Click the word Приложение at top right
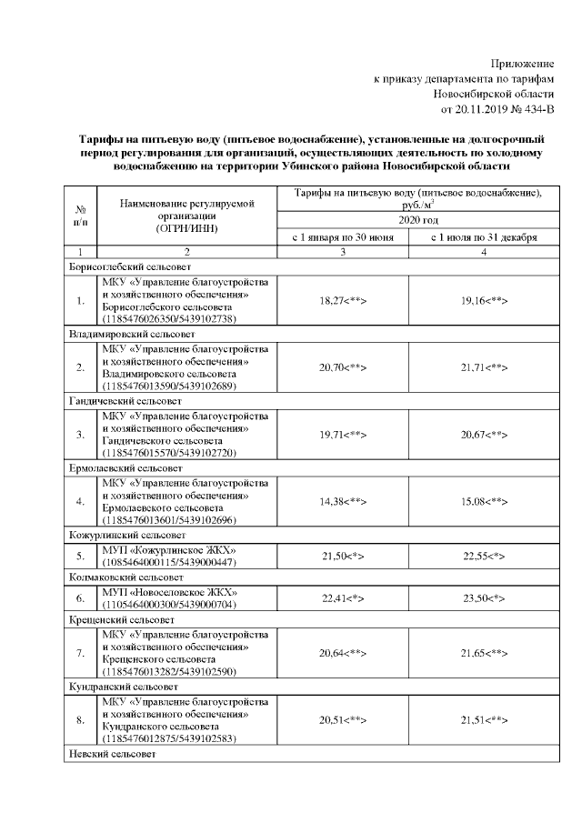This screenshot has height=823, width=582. pyautogui.click(x=522, y=63)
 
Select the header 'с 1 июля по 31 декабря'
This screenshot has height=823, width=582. pyautogui.click(x=484, y=236)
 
